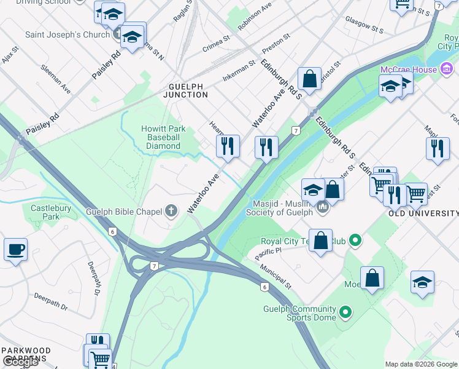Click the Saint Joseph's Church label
pos(67,34)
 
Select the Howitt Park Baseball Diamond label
pos(163,137)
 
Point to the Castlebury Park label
pos(51,212)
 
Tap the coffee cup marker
pos(15,250)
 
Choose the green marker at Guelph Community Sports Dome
pos(345,313)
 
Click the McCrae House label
pos(409,69)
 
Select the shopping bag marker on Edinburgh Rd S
pos(309,79)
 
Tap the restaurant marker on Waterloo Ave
pos(227,147)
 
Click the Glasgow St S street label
pos(363,25)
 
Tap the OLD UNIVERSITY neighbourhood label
pos(423,213)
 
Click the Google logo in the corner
pos(20,362)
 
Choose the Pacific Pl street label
pos(269,251)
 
